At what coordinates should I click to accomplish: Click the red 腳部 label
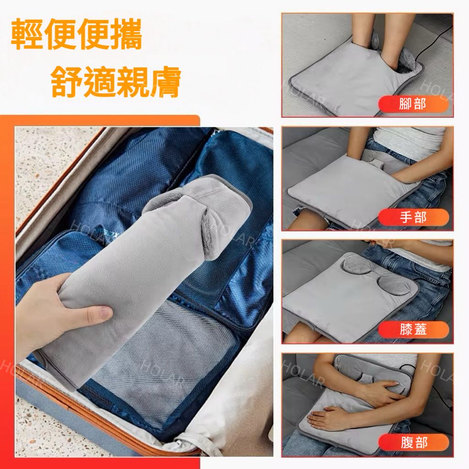tap(414, 104)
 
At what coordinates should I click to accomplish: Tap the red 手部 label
tap(414, 217)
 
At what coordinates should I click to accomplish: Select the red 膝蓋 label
tap(414, 330)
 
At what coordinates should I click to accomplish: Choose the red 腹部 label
tap(414, 442)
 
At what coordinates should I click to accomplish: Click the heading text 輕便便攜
tap(76, 34)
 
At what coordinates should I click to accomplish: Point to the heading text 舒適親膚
tap(116, 81)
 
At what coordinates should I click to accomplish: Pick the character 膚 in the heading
tap(165, 81)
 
